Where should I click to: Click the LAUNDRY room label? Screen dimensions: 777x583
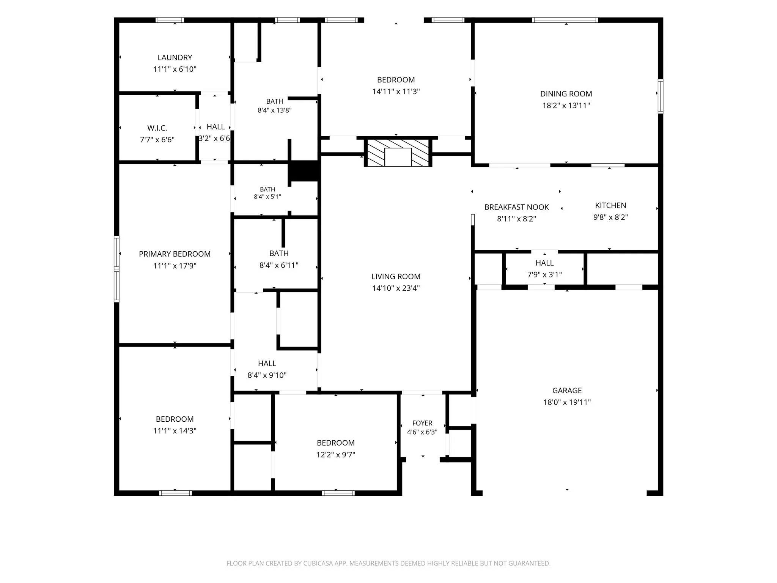click(175, 57)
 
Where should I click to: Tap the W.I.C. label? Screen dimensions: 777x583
click(157, 128)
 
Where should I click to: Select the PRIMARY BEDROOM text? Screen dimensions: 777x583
click(175, 254)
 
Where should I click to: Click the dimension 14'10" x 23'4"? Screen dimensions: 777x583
click(396, 288)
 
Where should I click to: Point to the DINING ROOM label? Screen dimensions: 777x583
click(566, 94)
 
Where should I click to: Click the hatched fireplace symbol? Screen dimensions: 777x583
click(398, 153)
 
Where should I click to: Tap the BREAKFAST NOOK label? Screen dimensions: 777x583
click(516, 207)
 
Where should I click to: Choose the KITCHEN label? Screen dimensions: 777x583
click(610, 205)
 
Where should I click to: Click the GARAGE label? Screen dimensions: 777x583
click(567, 391)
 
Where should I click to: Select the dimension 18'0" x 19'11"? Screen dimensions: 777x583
click(567, 402)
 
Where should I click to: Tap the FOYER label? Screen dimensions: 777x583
click(422, 423)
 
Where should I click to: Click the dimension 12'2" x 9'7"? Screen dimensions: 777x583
click(336, 455)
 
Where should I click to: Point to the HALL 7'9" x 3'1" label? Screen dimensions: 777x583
click(544, 268)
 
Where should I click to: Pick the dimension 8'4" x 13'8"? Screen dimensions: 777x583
click(275, 110)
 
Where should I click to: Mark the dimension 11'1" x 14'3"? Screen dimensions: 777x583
click(175, 431)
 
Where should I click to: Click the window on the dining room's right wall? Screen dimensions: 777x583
click(661, 96)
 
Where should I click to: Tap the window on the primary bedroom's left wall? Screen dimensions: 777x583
click(117, 269)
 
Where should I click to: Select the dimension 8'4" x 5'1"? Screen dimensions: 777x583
click(267, 197)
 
